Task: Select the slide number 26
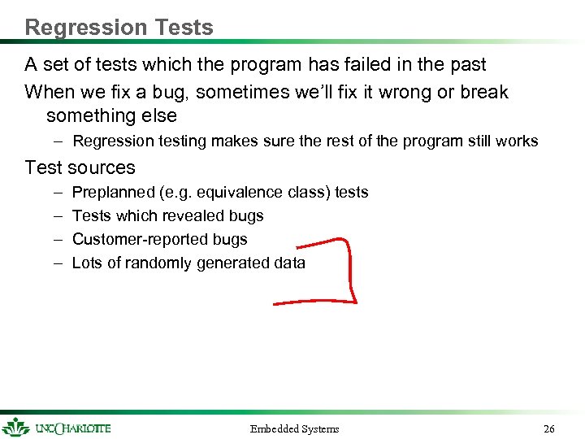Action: coord(549,428)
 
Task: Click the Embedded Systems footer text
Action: coord(294,428)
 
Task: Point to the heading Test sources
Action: coord(80,167)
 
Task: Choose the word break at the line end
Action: coord(483,92)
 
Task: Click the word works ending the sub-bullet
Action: coord(517,141)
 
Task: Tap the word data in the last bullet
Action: coord(289,263)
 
